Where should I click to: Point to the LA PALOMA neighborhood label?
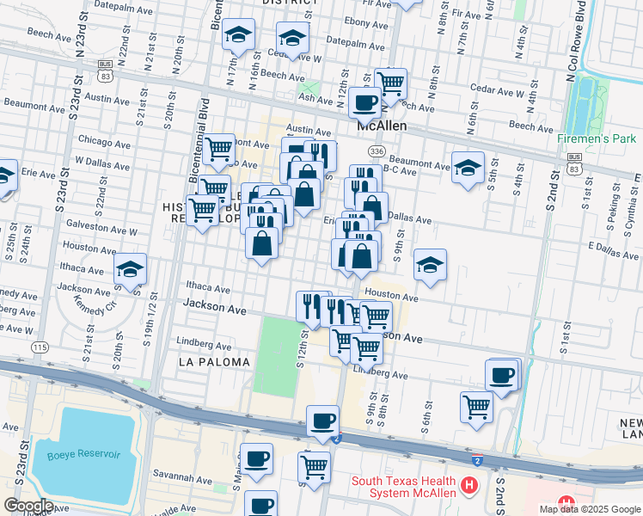[x=214, y=362]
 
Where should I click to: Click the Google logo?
[x=28, y=506]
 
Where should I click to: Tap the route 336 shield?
[x=376, y=151]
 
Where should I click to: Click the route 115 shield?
[x=40, y=347]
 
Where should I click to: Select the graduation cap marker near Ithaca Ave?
[x=130, y=269]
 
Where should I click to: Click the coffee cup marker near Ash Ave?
[x=364, y=103]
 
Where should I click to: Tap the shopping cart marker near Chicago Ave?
[x=219, y=149]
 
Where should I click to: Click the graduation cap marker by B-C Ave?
[x=468, y=167]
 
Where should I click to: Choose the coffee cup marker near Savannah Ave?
[x=256, y=459]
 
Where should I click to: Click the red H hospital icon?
[x=469, y=486]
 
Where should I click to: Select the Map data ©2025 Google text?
[x=591, y=509]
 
